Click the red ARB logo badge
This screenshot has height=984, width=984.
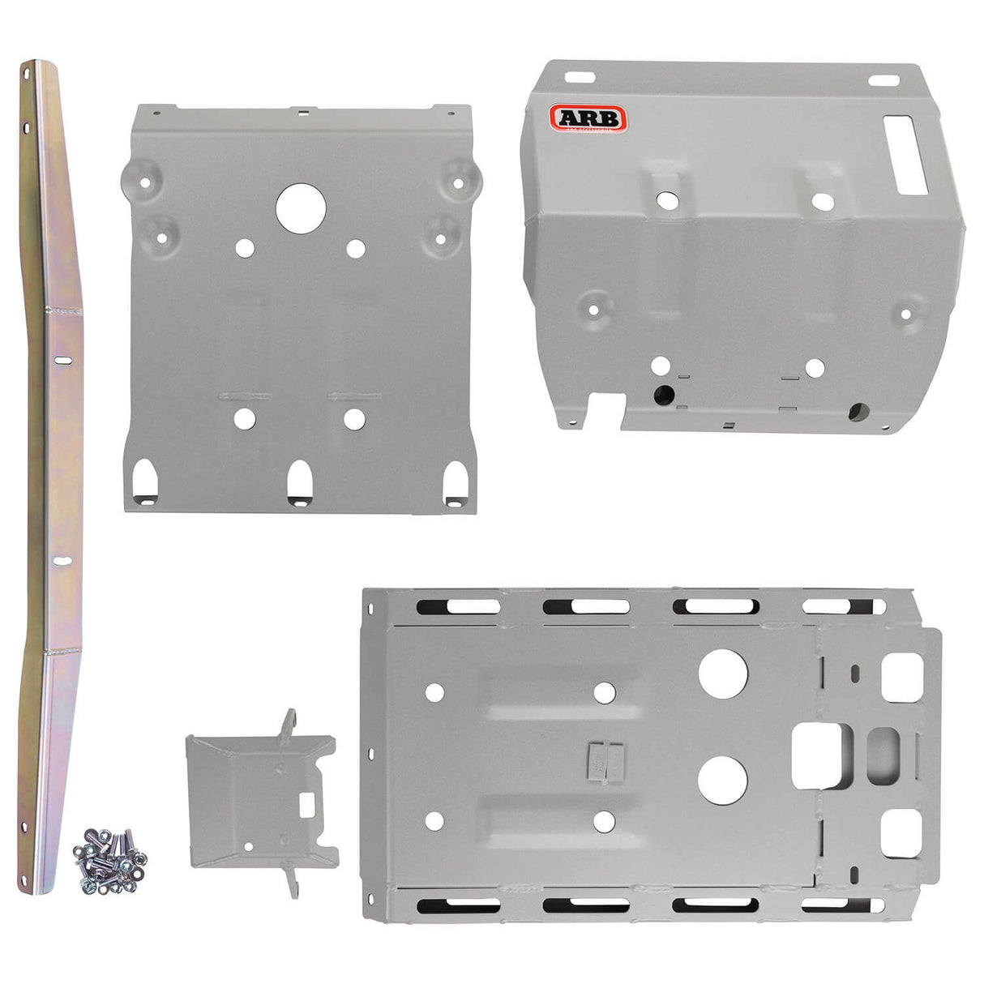tap(588, 119)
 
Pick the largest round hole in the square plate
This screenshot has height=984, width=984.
tap(301, 207)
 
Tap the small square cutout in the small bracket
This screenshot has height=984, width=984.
tap(309, 806)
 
